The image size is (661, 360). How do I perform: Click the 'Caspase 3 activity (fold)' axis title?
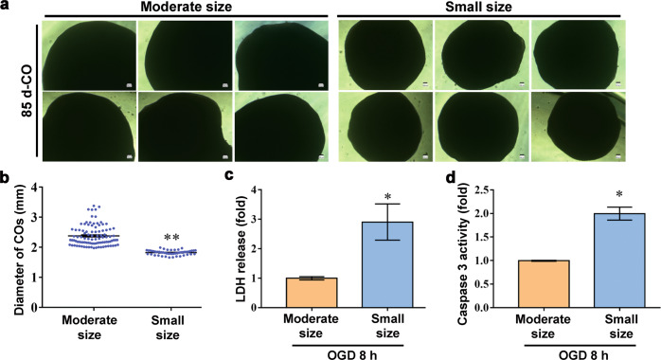coord(453,248)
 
